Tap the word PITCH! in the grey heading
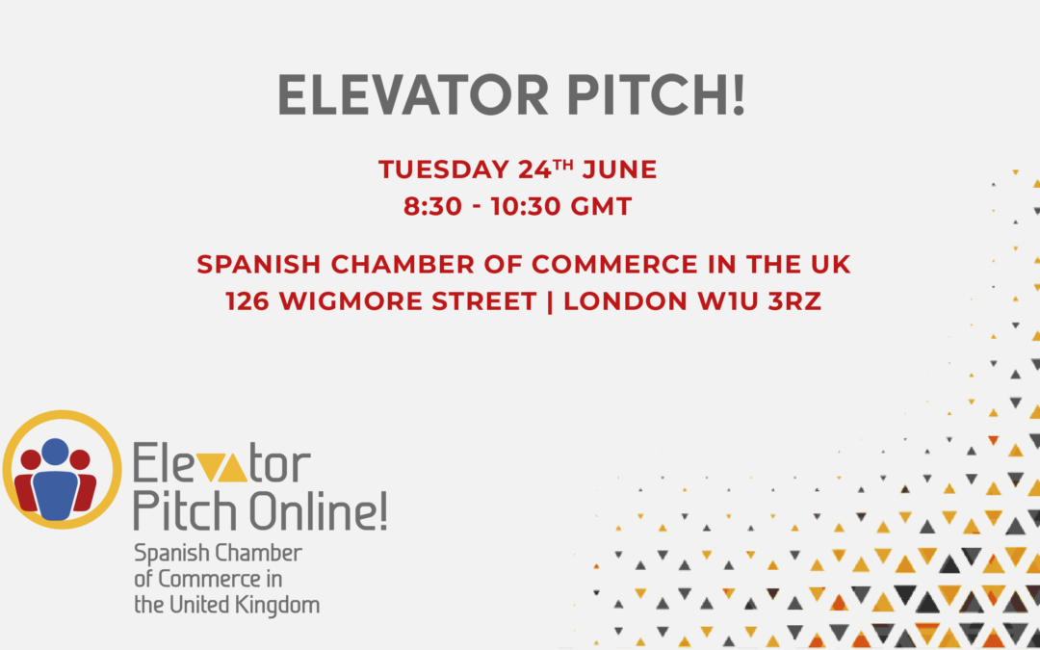coord(657,94)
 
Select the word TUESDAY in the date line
coord(444,169)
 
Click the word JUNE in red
coord(619,169)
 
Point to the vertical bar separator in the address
coord(550,302)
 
